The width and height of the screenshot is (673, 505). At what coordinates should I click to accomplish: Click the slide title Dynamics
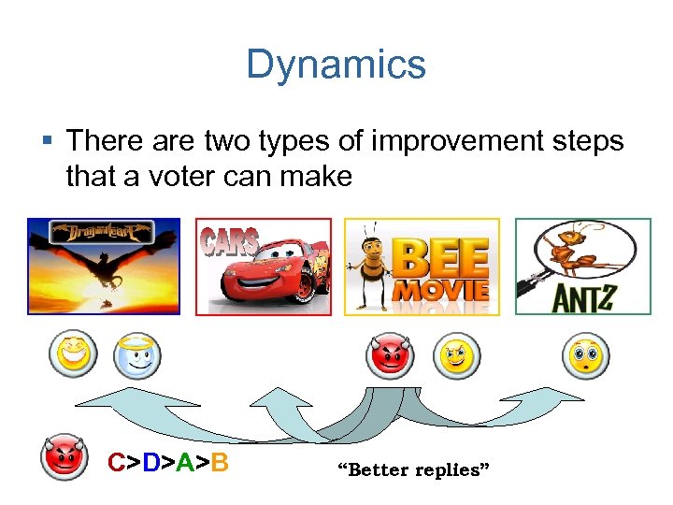[x=336, y=65]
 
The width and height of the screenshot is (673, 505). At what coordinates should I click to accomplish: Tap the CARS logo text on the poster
[x=232, y=240]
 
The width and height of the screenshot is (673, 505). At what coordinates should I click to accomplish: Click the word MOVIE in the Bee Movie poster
[x=440, y=290]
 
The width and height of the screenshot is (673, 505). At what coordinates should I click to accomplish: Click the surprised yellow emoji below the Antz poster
[x=585, y=356]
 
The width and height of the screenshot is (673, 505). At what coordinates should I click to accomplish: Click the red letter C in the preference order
[x=116, y=463]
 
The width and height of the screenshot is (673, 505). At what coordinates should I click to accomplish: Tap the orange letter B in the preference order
[x=220, y=463]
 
